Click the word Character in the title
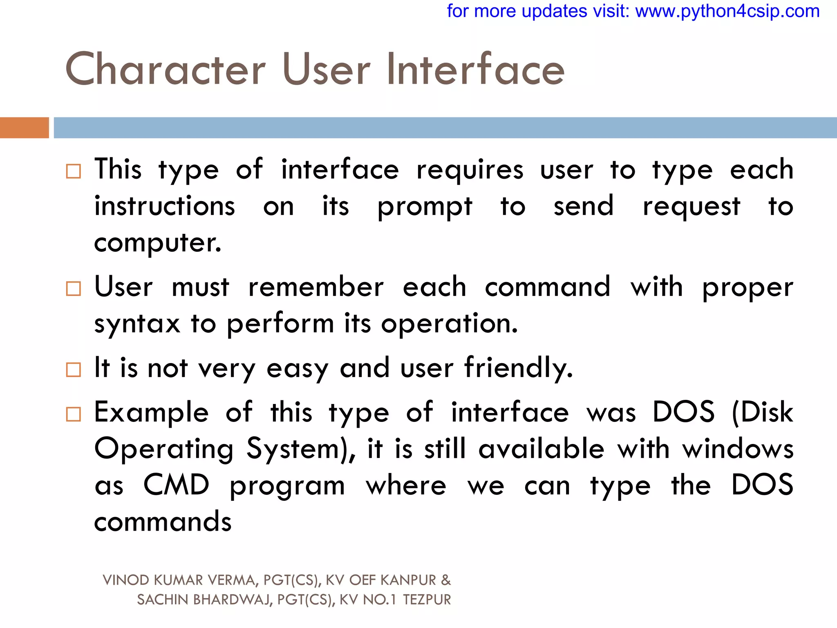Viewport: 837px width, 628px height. [x=166, y=70]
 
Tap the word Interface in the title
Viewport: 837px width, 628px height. [x=475, y=70]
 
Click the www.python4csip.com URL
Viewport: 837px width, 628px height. [x=727, y=11]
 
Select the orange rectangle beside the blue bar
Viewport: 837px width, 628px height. [x=24, y=128]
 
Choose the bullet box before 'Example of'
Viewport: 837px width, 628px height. [x=74, y=414]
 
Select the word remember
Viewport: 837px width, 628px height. [x=316, y=287]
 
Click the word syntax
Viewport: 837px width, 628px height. [x=137, y=324]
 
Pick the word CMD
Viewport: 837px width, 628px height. [x=176, y=485]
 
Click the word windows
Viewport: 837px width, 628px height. [x=738, y=449]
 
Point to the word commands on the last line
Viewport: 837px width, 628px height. [x=163, y=522]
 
